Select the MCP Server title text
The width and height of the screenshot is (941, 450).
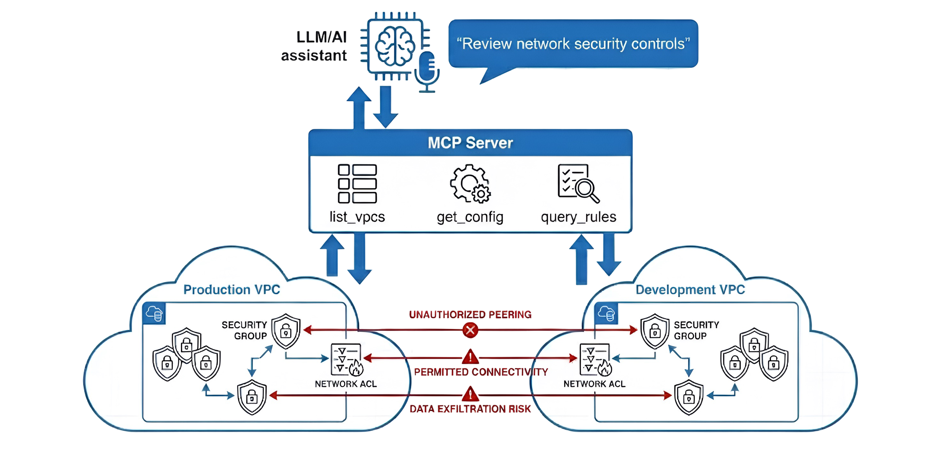tap(470, 143)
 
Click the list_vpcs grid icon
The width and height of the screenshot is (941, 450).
tap(357, 184)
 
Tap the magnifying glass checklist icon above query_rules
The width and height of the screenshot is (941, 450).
tap(578, 183)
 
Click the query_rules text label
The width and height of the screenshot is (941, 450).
tap(578, 217)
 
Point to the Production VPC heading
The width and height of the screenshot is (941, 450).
tap(232, 290)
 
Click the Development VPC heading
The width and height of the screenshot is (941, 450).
tap(690, 290)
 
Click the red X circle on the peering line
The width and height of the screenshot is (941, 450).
tap(470, 330)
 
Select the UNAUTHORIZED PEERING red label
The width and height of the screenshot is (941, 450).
tap(470, 314)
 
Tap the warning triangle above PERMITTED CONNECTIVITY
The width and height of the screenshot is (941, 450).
tap(470, 357)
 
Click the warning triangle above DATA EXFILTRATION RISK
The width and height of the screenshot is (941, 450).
tap(470, 394)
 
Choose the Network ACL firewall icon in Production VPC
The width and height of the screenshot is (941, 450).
tap(346, 360)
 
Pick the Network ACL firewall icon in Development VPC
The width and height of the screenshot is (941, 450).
tap(595, 360)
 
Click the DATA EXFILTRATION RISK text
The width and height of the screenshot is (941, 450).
tap(470, 409)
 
